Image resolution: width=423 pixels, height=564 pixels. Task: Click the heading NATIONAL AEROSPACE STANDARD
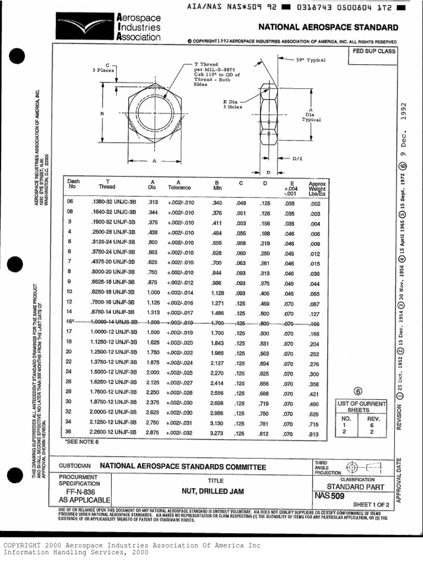(328, 28)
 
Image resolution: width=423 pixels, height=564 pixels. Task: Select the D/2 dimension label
(297, 159)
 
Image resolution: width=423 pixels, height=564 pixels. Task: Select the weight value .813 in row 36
(314, 433)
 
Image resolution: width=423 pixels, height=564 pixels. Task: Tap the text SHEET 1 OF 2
(370, 504)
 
